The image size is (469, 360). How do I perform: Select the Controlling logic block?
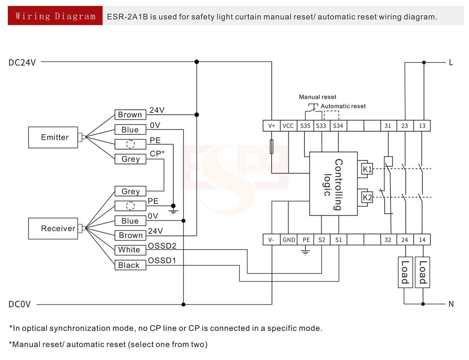point(333,184)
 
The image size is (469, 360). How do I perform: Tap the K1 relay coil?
point(367,169)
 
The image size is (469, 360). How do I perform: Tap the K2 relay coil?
point(367,198)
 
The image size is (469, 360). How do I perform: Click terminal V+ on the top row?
point(272,126)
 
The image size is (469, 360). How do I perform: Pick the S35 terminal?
point(305,126)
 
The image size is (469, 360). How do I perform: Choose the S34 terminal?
point(338,126)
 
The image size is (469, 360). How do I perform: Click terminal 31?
point(388,126)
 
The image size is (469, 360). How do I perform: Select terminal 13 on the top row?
point(422,126)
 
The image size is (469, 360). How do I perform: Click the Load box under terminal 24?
point(405,272)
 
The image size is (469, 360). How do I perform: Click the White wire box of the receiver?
point(130,250)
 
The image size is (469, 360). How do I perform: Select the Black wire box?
point(130,265)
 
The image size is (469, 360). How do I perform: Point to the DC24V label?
point(22,62)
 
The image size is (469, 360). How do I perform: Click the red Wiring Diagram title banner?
point(55,16)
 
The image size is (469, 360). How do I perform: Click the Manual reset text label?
point(317,97)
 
